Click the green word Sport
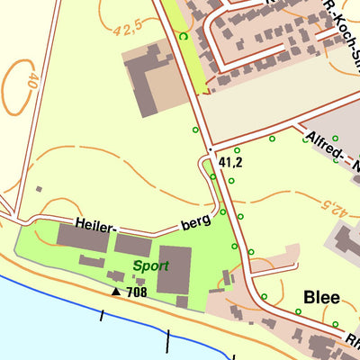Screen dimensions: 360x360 pyautogui.click(x=149, y=266)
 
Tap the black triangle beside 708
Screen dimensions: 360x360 pyautogui.click(x=116, y=292)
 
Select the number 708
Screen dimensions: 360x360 pyautogui.click(x=137, y=292)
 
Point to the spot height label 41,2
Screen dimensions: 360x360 pyautogui.click(x=231, y=163)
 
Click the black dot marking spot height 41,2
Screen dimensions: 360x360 pyautogui.click(x=209, y=149)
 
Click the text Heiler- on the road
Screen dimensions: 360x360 pyautogui.click(x=96, y=226)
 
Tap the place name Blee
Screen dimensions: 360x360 pyautogui.click(x=322, y=297)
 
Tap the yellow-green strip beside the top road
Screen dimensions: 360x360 pyautogui.click(x=194, y=58)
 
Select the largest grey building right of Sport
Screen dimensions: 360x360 pyautogui.click(x=174, y=269)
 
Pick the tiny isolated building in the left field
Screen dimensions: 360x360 pyautogui.click(x=39, y=189)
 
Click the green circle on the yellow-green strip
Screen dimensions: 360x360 pyautogui.click(x=184, y=36)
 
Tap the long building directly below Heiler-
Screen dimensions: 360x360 pyautogui.click(x=84, y=238)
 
